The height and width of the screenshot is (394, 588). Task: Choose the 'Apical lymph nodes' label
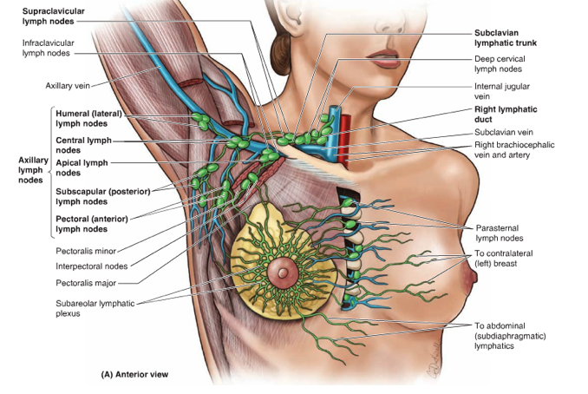(x=82, y=167)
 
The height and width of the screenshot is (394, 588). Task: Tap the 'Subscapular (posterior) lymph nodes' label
(x=102, y=195)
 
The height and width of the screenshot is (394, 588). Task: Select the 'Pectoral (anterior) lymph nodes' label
(x=94, y=223)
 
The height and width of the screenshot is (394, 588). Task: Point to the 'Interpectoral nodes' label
(x=92, y=266)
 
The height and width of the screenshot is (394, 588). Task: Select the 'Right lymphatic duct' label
(x=506, y=115)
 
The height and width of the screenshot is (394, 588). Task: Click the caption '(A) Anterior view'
(x=135, y=375)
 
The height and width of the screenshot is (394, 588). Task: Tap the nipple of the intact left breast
(x=470, y=279)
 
